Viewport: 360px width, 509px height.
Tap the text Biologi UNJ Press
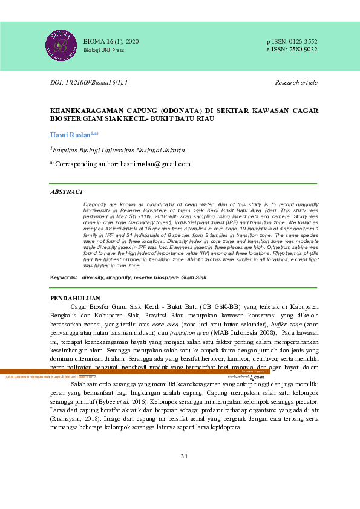click(x=103, y=50)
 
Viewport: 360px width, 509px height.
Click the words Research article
click(x=296, y=82)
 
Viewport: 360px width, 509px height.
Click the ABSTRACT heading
click(x=67, y=192)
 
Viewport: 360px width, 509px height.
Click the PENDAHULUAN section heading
click(x=74, y=298)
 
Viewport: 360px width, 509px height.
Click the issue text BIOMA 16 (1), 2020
click(x=111, y=41)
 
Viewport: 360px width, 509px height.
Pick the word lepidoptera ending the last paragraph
click(x=221, y=427)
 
